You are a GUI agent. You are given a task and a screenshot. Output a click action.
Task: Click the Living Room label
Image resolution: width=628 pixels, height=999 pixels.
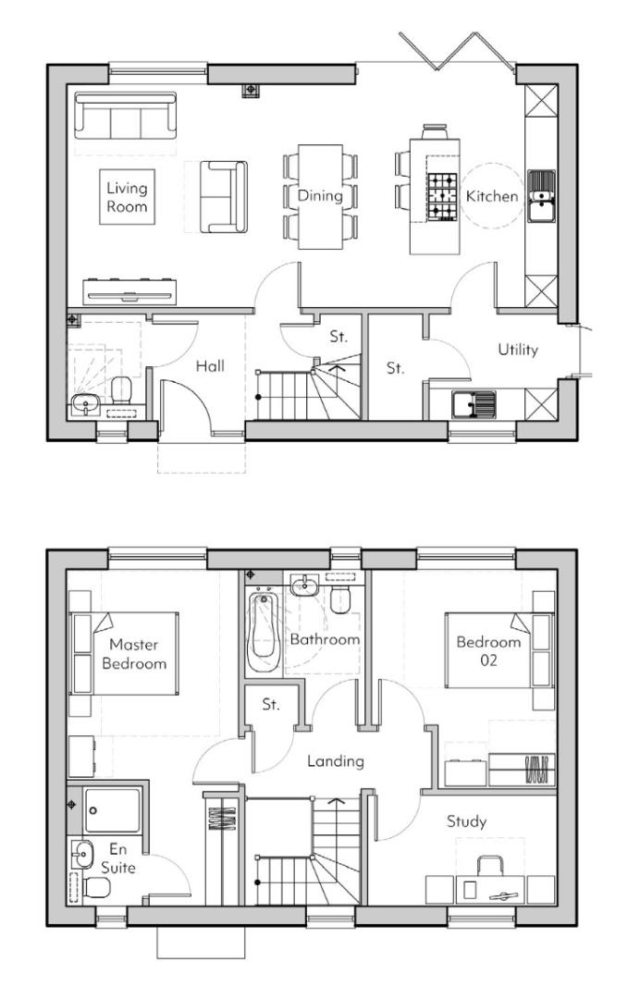point(127,197)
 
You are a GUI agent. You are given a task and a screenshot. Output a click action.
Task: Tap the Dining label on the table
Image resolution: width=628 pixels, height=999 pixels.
point(320,196)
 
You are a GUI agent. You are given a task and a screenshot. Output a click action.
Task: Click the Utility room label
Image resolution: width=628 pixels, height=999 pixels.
point(518,350)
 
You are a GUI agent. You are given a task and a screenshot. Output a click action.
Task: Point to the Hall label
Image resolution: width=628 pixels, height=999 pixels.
point(210,366)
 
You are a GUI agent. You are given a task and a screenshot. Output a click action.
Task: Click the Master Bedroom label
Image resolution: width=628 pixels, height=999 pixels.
point(134,654)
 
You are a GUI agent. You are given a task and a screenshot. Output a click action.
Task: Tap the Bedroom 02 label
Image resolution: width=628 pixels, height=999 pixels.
point(487,652)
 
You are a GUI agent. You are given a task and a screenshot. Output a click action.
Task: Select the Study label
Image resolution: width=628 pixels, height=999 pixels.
point(466,820)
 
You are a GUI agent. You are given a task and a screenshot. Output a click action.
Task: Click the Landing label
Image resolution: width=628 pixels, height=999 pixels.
point(335,761)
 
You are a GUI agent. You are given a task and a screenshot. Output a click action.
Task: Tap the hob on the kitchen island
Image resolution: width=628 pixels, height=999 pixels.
point(440,197)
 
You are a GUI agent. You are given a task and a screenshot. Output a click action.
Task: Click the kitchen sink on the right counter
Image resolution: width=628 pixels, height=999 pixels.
point(541,196)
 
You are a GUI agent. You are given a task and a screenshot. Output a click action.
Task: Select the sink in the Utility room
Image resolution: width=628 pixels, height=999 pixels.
point(473,403)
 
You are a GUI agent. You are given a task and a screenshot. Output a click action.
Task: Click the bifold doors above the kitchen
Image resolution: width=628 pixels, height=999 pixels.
point(457,50)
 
